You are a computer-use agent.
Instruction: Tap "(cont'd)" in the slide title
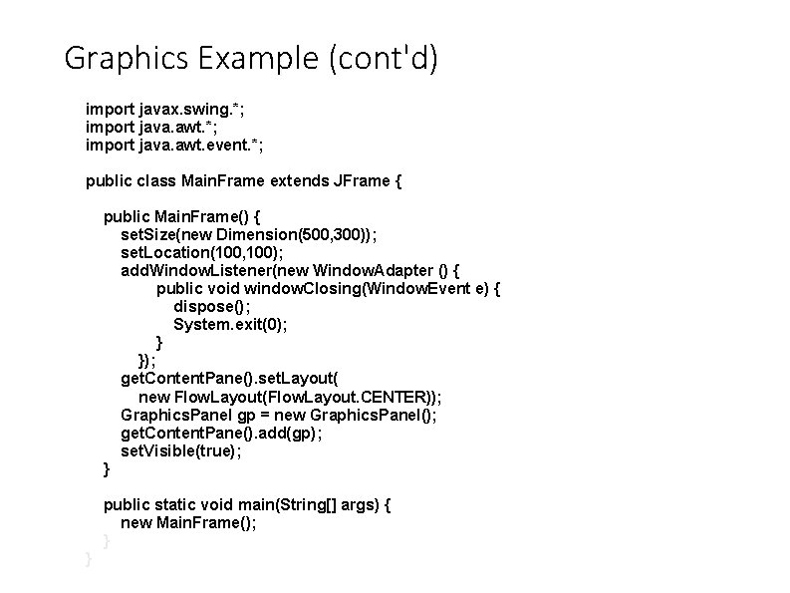[x=381, y=60]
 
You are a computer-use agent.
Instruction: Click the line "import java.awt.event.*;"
[x=175, y=145]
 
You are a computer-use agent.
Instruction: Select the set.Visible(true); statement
[x=181, y=450]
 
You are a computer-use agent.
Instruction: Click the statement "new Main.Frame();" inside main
[x=188, y=523]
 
